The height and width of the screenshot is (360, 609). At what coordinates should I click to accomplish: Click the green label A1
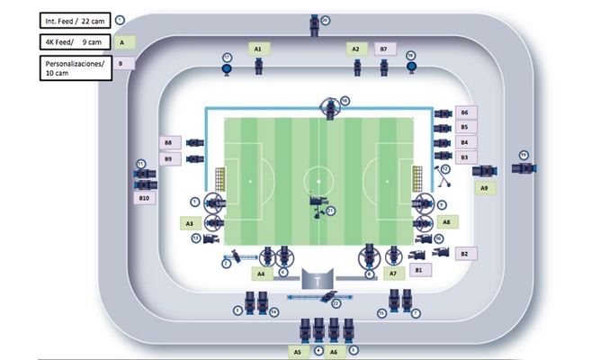point(257,49)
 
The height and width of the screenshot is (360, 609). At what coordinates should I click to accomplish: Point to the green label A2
point(355,49)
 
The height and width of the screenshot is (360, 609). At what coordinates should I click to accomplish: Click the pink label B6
point(464,113)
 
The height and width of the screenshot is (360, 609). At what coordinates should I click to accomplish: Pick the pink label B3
point(464,157)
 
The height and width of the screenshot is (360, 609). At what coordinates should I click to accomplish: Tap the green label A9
point(484,188)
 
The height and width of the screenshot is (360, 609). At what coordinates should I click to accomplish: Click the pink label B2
point(464,254)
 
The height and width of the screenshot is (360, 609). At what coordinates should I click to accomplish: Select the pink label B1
point(417,269)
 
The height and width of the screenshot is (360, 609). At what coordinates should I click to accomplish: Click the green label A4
point(261,272)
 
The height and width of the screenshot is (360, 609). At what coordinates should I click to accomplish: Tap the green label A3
point(189,222)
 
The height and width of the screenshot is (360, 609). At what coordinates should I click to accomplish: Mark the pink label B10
point(144,198)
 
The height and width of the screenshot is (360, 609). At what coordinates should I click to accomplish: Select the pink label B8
point(168,142)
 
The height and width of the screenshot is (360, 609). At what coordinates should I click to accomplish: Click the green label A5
point(298,352)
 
